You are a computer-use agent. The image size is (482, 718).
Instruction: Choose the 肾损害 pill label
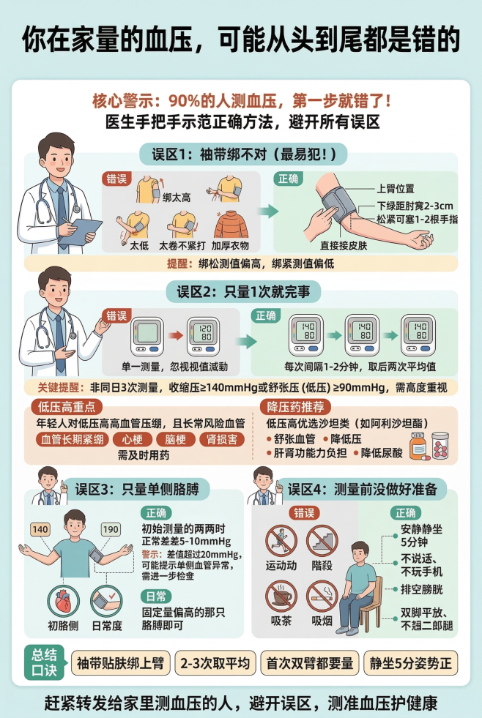point(222,440)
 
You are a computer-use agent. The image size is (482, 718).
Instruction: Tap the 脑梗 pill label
point(176,440)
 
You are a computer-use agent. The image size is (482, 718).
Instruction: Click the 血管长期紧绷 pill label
point(72,440)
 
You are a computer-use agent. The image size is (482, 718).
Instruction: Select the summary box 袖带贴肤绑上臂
point(120,663)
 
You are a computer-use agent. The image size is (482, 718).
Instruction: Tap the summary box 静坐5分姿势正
point(410,663)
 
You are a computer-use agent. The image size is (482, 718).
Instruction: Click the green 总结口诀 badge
point(43,661)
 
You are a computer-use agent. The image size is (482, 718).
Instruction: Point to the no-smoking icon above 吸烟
point(322,595)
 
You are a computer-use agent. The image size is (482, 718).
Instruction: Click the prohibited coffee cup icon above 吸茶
point(280,595)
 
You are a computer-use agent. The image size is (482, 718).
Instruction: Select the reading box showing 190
point(111,529)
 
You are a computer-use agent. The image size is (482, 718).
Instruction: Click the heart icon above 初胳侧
point(62,601)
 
